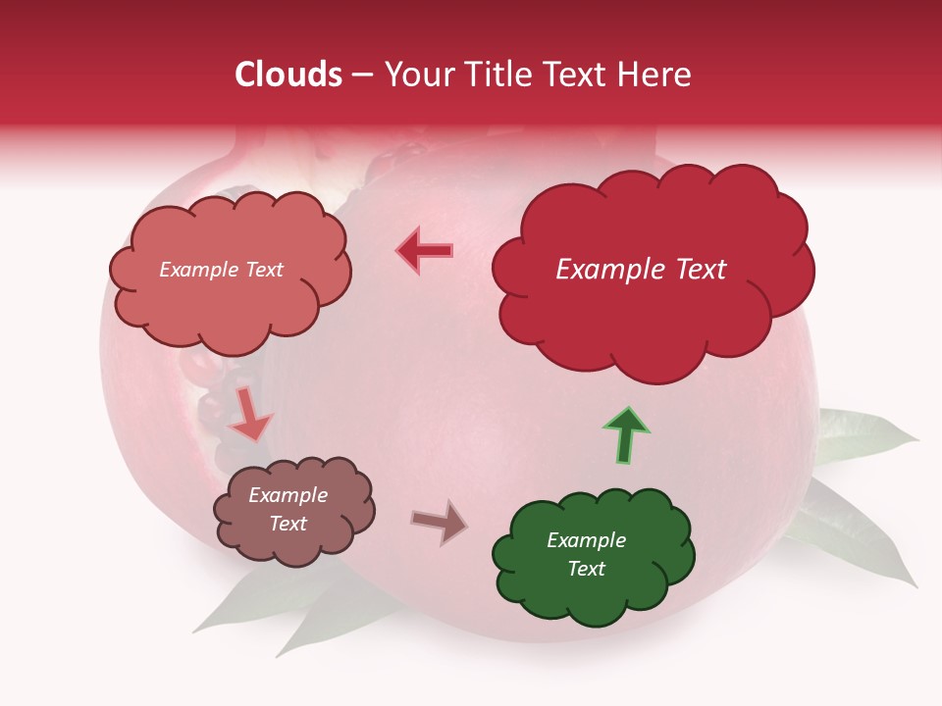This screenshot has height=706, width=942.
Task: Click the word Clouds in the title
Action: pyautogui.click(x=288, y=75)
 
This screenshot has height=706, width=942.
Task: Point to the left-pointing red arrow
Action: pyautogui.click(x=425, y=251)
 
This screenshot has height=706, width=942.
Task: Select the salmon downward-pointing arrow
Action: pyautogui.click(x=249, y=414)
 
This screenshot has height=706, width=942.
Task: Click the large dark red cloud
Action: pyautogui.click(x=652, y=314)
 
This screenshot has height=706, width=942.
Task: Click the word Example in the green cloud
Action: pyautogui.click(x=586, y=540)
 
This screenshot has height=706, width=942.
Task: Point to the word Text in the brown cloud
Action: pyautogui.click(x=288, y=524)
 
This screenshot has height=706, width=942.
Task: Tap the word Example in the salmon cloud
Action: pyautogui.click(x=195, y=270)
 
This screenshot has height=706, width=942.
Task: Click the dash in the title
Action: pyautogui.click(x=361, y=75)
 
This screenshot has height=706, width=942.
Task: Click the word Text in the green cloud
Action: pyautogui.click(x=586, y=569)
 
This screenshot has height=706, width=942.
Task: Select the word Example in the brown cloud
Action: pyautogui.click(x=288, y=495)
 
